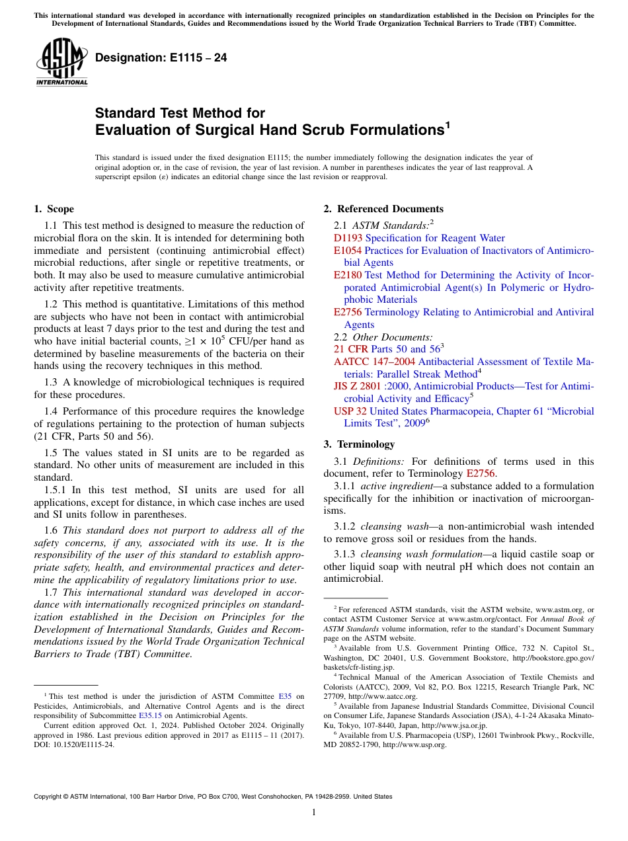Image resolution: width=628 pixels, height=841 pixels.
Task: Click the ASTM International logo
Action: (x=61, y=64)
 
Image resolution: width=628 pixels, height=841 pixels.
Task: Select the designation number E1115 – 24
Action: (x=161, y=58)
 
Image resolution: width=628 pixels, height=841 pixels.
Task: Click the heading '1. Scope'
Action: (x=54, y=209)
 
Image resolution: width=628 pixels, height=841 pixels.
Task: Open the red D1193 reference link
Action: (x=348, y=238)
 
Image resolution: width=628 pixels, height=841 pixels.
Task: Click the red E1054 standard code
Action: (x=348, y=251)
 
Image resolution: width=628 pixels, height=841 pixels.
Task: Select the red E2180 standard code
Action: (x=348, y=275)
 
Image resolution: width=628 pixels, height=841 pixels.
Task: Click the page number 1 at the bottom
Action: (x=314, y=813)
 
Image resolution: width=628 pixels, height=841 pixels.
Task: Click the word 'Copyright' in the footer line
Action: (x=50, y=797)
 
